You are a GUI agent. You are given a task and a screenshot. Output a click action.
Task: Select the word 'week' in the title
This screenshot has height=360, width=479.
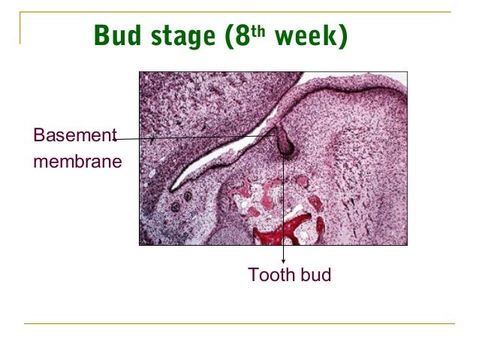[306, 35]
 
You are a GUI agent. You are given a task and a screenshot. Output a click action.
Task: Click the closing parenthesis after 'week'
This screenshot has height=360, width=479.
[342, 35]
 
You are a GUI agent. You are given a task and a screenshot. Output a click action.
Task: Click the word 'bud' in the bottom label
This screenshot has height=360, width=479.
[315, 276]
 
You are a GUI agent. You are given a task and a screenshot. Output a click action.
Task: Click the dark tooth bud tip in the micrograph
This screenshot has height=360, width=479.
[285, 149]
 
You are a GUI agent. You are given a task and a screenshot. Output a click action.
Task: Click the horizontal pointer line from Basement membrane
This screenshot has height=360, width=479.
[195, 138]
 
